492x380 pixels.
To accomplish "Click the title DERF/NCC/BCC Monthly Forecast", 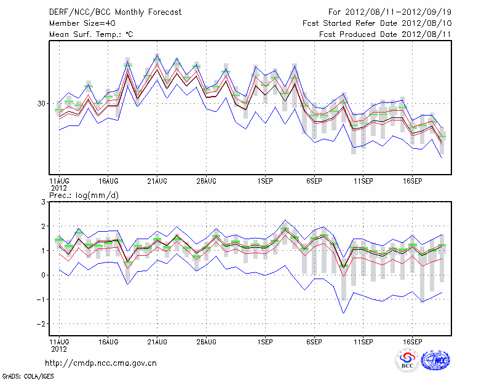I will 116,12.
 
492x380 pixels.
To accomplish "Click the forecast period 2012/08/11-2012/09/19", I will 390,12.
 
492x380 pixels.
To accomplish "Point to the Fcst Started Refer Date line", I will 377,23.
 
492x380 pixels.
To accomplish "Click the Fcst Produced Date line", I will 385,34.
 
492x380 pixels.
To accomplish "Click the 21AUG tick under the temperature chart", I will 157,181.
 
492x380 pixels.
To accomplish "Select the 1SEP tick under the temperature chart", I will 265,181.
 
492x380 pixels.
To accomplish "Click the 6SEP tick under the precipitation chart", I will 314,341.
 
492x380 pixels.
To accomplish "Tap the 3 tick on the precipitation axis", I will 43,202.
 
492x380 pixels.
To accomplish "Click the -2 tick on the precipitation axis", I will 41,323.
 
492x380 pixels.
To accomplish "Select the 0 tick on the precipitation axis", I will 43,275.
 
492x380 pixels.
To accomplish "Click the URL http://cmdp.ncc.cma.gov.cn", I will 101,363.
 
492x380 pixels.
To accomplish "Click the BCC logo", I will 407,360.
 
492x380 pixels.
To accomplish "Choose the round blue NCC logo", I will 435,360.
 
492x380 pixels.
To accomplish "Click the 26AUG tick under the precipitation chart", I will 206,341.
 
